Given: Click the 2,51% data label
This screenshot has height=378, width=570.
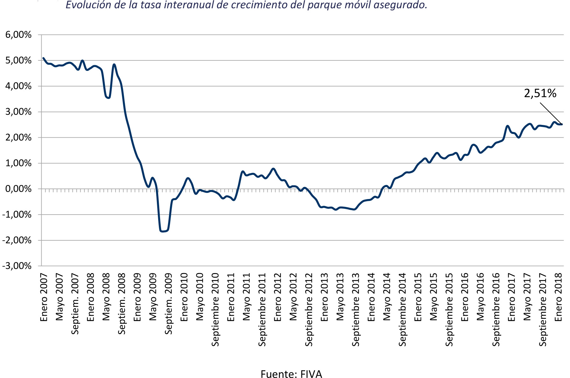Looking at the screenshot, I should coord(540,93).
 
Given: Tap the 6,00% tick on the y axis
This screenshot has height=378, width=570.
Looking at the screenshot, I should coord(18,35).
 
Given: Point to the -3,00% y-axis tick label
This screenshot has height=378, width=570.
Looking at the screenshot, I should coord(17,266).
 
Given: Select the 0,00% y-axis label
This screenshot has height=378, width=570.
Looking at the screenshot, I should coord(18,189).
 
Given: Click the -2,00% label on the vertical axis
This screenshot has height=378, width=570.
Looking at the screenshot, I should coord(17,240).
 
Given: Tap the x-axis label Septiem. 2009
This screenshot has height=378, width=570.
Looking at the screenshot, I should coord(168,304).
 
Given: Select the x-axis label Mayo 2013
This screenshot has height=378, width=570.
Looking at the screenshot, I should coord(340,296).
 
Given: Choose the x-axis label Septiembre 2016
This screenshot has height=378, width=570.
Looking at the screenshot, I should coord(496,309).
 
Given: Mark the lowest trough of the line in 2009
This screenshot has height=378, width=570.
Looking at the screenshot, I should coord(163,231).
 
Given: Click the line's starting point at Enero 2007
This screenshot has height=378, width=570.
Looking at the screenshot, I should coord(43,58).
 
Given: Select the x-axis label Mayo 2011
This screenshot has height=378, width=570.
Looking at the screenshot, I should coord(247,296).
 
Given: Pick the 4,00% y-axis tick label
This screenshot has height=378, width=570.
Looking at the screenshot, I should coord(18,86).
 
